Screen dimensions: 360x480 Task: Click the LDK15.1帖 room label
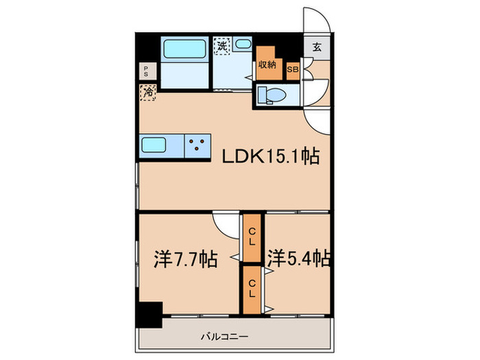pyautogui.click(x=269, y=157)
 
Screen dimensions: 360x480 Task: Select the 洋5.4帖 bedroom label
pyautogui.click(x=300, y=259)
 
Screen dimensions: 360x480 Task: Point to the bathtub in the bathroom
pyautogui.click(x=183, y=51)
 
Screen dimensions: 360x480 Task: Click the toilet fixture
pyautogui.click(x=272, y=95)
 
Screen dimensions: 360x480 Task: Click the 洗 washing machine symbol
pyautogui.click(x=222, y=46)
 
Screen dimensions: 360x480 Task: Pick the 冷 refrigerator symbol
pyautogui.click(x=147, y=92)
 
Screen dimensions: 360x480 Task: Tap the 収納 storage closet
pyautogui.click(x=267, y=63)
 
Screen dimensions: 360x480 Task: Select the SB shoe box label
pyautogui.click(x=293, y=69)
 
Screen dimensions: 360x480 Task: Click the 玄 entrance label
pyautogui.click(x=317, y=48)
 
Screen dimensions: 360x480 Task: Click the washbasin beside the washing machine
pyautogui.click(x=243, y=45)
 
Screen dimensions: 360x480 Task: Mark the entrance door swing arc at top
pyautogui.click(x=317, y=19)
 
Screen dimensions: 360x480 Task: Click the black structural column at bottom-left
pyautogui.click(x=147, y=315)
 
